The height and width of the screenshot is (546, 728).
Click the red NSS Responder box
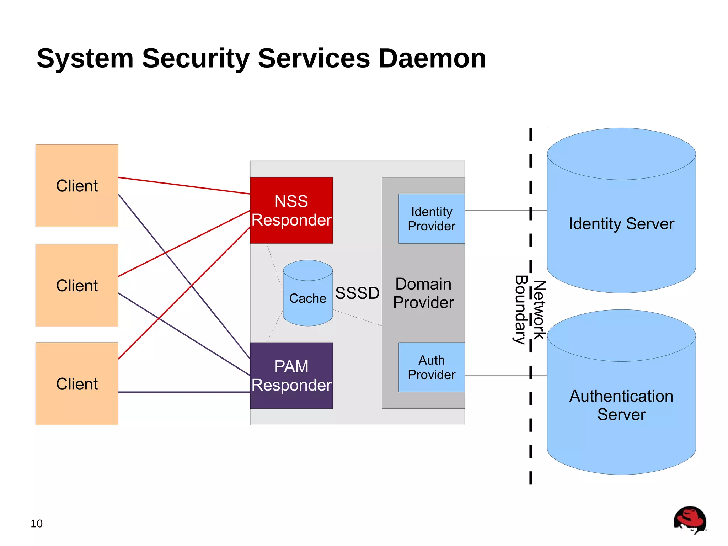[291, 210]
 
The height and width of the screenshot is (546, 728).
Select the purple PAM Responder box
[291, 375]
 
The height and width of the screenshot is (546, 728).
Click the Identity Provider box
[431, 218]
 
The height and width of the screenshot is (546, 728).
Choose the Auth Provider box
[431, 367]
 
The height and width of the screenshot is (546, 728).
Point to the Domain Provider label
[423, 293]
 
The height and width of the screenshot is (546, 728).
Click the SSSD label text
[357, 293]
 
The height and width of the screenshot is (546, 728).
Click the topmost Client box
[77, 185]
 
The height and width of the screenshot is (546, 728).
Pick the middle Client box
[77, 285]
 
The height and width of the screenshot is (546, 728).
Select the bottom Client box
[77, 383]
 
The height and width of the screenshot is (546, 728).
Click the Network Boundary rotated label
[530, 309]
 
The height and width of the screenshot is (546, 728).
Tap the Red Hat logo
[689, 520]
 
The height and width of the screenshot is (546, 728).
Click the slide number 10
[36, 524]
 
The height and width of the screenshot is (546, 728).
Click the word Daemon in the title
[432, 58]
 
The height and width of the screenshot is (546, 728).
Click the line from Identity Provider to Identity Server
[498, 210]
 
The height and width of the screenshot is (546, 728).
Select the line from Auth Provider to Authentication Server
[498, 375]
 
